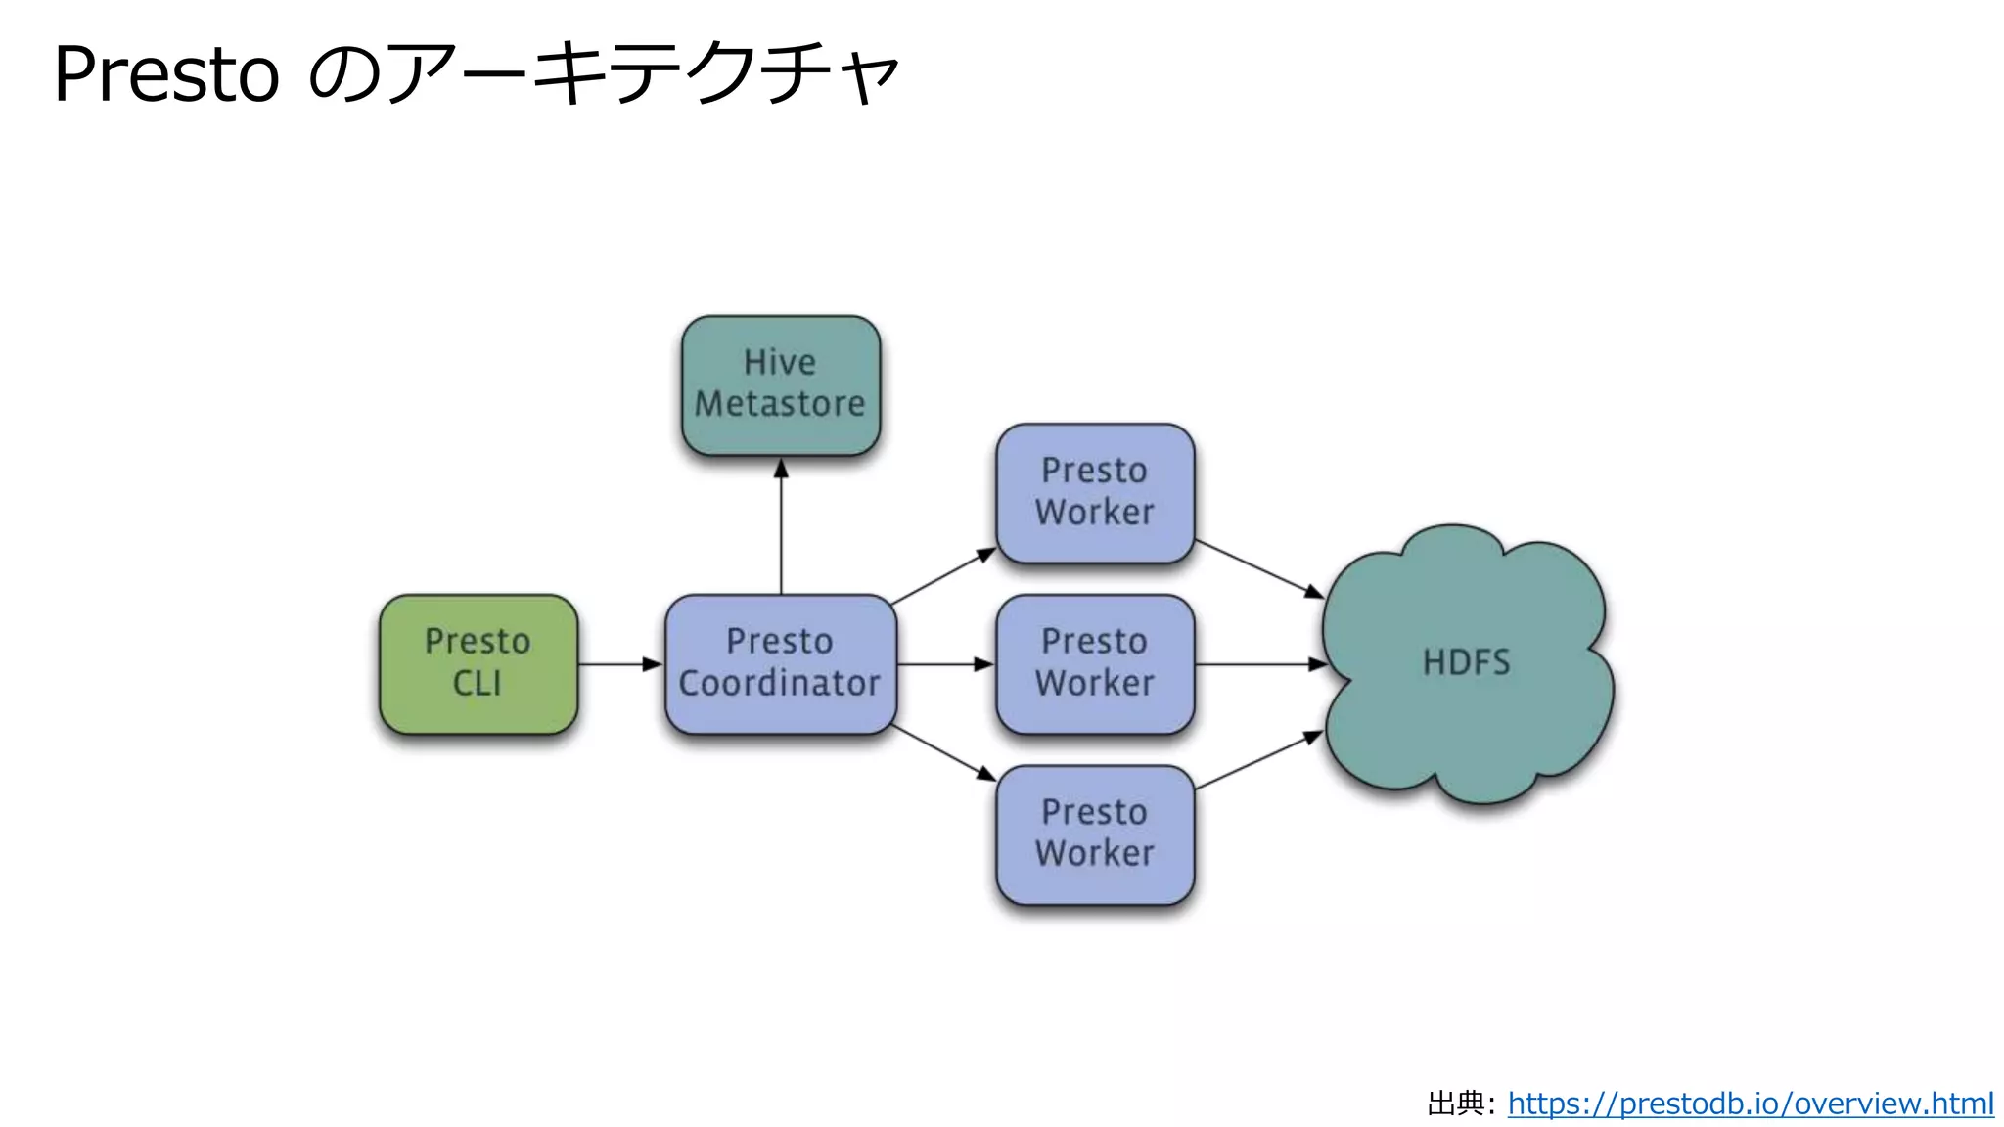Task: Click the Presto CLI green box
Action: click(x=478, y=663)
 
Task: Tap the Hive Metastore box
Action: click(x=780, y=384)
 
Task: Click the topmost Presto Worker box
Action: click(x=1095, y=492)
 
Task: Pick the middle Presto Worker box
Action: click(x=1095, y=663)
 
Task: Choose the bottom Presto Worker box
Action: click(x=1095, y=834)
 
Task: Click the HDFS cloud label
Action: click(x=1466, y=663)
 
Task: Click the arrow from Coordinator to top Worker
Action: click(x=942, y=577)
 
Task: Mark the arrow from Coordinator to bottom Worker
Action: click(x=942, y=753)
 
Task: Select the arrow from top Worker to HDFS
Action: click(x=1258, y=568)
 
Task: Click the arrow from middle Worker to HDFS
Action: click(x=1260, y=664)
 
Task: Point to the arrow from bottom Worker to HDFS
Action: click(x=1258, y=760)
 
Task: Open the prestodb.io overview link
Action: click(x=1750, y=1104)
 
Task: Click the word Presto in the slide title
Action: click(x=166, y=74)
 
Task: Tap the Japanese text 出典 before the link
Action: click(x=1455, y=1104)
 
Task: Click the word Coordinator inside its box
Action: click(x=780, y=683)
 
